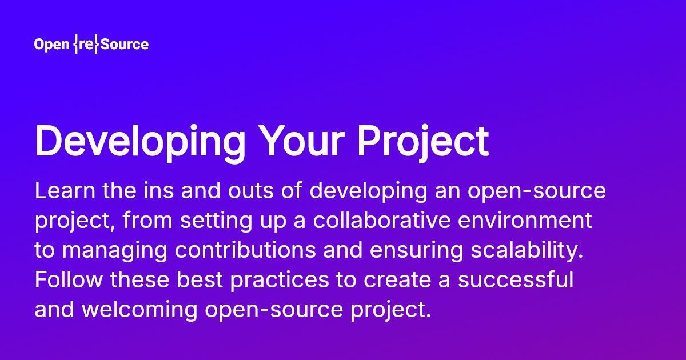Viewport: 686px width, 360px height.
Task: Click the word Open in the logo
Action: (x=51, y=45)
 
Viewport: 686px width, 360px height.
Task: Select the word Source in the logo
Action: (x=124, y=45)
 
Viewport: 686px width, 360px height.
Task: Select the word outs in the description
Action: (x=238, y=191)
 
